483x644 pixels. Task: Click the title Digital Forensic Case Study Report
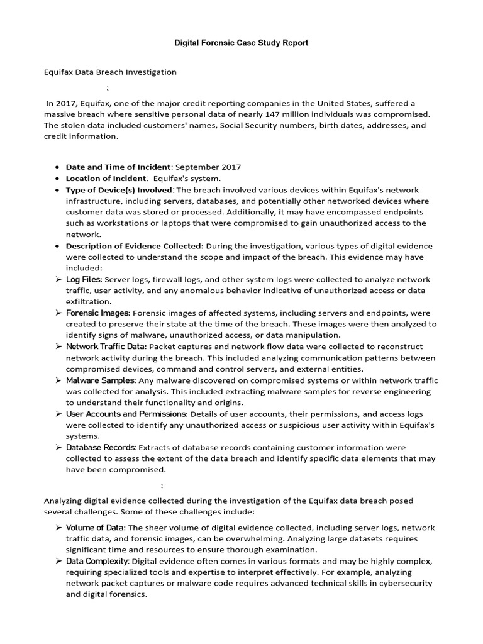pyautogui.click(x=241, y=43)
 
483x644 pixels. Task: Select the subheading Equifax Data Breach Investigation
pyautogui.click(x=110, y=72)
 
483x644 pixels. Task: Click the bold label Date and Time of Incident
pyautogui.click(x=118, y=167)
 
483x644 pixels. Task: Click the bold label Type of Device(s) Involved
pyautogui.click(x=119, y=190)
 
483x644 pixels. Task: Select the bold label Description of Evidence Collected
pyautogui.click(x=135, y=246)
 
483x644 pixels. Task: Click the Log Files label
pyautogui.click(x=84, y=279)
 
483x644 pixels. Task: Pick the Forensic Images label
pyautogui.click(x=97, y=313)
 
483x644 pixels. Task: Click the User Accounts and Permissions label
pyautogui.click(x=126, y=414)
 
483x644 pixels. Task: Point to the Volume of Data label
pyautogui.click(x=96, y=527)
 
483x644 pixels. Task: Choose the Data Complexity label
pyautogui.click(x=97, y=560)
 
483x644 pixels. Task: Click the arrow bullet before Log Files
pyautogui.click(x=58, y=279)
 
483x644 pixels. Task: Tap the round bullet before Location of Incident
pyautogui.click(x=58, y=179)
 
